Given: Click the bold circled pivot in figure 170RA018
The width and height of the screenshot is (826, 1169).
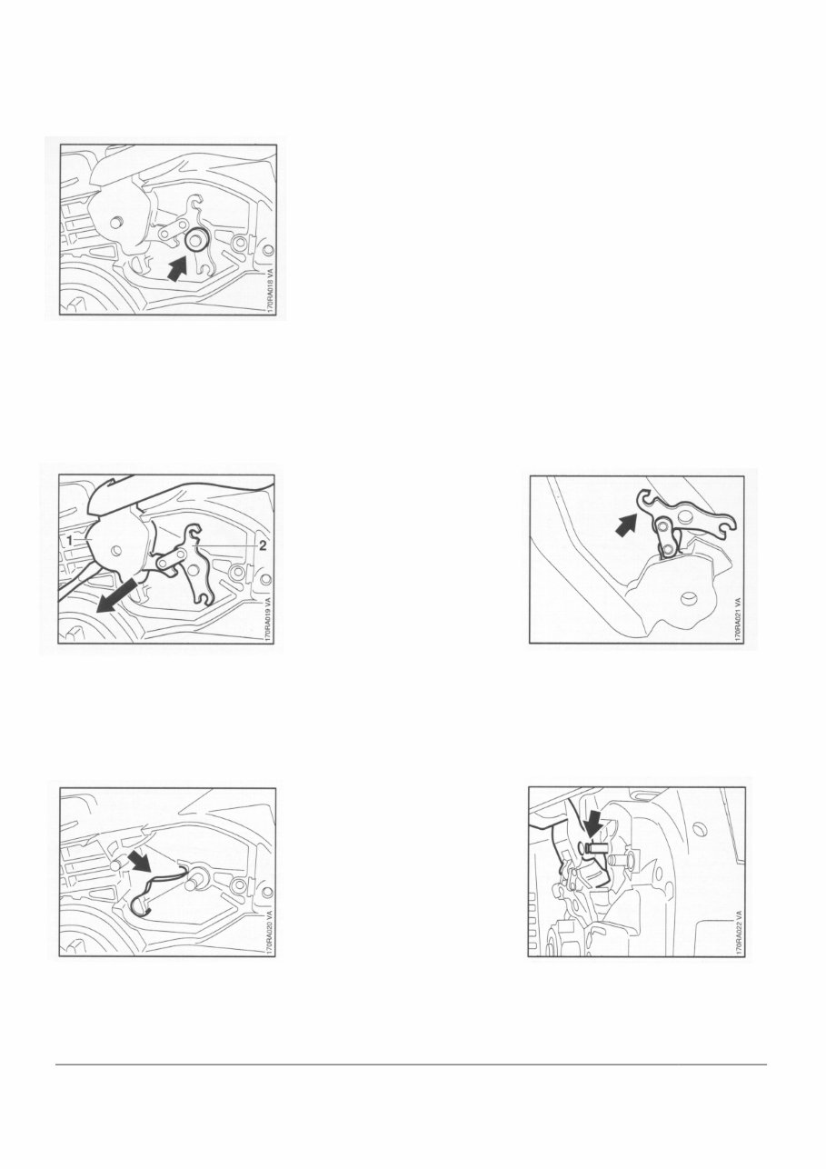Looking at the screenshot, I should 194,241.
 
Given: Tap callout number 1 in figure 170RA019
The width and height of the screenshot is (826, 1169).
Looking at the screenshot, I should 68,539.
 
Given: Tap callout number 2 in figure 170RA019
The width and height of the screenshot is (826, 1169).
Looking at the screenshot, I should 264,545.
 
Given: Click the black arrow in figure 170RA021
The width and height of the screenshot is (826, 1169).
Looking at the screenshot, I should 626,525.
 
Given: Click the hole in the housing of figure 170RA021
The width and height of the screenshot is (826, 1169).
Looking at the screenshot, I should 686,597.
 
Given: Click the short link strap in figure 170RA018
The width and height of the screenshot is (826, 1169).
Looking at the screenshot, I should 175,230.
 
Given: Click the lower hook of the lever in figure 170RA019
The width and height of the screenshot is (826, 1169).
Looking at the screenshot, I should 204,594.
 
